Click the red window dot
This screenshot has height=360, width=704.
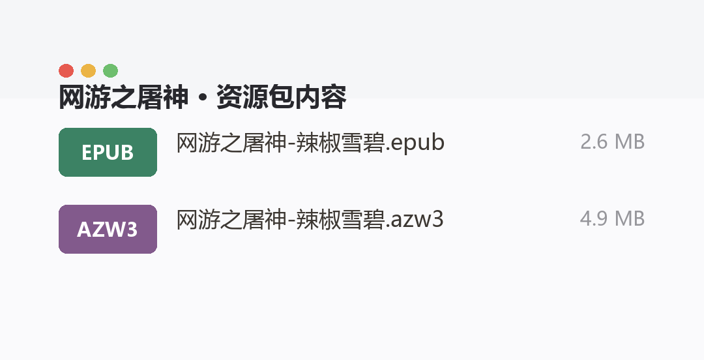click(66, 71)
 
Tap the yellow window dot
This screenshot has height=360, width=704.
click(88, 71)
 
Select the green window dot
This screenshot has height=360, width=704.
click(110, 71)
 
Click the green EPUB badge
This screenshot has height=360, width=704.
click(108, 153)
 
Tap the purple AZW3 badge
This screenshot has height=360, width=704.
click(108, 229)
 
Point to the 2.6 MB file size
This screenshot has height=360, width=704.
click(612, 142)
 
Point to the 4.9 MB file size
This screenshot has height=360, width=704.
click(612, 219)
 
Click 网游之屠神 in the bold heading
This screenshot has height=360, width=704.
click(123, 97)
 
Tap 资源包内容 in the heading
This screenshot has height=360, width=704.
click(282, 97)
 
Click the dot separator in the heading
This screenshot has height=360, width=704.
click(203, 98)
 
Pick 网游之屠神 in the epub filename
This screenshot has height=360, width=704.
click(231, 143)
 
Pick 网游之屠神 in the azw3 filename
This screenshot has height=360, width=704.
click(231, 220)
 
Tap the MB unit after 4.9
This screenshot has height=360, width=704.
click(630, 219)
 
